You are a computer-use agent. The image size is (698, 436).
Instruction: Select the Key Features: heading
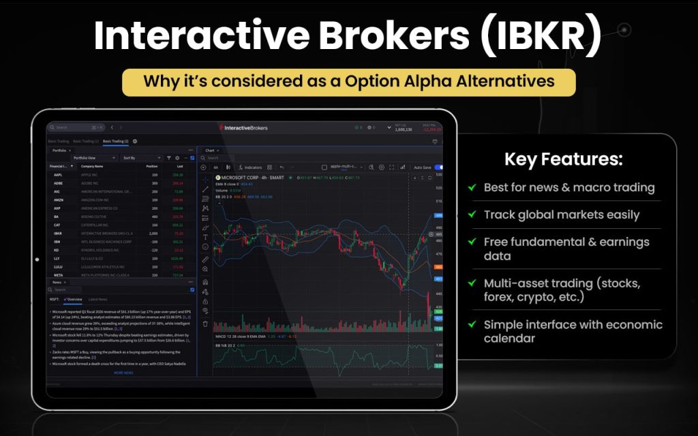point(563,160)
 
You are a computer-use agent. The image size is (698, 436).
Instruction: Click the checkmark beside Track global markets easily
point(472,215)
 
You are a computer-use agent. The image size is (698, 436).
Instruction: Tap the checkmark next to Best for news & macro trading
point(472,187)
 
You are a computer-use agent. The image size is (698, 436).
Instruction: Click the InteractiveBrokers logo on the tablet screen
point(243,127)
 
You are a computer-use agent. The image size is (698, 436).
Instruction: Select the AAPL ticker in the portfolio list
point(58,174)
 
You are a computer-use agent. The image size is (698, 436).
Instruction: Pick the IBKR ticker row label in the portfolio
point(58,232)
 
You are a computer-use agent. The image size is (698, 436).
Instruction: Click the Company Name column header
point(92,166)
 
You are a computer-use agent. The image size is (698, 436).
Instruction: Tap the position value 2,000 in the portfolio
point(153,232)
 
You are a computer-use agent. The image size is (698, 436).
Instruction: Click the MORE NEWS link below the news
point(123,373)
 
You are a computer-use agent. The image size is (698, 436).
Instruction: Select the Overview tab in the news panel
point(74,299)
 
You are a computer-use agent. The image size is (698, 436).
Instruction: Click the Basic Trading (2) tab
point(116,141)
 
